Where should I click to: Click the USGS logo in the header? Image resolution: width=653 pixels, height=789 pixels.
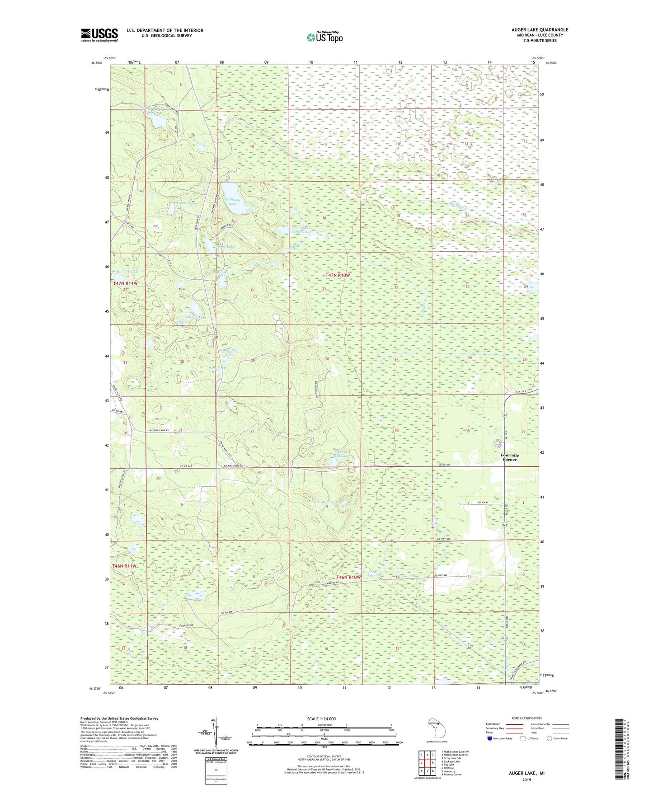99,35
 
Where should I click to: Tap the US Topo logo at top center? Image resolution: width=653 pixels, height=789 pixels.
324,37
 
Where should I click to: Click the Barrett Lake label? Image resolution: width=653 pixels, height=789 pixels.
186,203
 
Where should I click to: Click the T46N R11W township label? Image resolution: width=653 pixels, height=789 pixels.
124,566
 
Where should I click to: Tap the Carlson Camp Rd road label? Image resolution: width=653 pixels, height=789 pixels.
161,431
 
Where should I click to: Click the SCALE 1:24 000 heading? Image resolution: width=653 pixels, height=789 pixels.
321,719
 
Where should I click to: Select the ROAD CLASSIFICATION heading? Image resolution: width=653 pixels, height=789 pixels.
527,718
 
